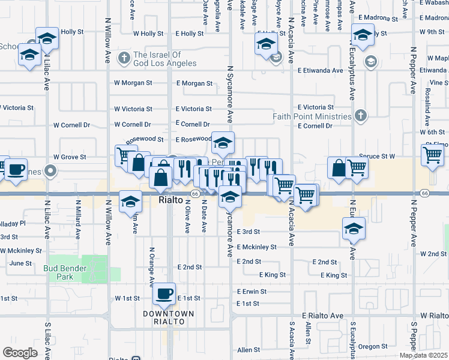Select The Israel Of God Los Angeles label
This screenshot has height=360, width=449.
coord(164,59)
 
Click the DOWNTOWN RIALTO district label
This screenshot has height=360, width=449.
coord(168,318)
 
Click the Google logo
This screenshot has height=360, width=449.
coord(20,353)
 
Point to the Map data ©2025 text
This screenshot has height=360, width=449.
coord(423,355)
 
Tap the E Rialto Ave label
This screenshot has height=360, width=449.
coord(322,316)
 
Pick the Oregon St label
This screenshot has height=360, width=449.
coord(373,347)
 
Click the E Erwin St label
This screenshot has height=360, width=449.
coord(252,292)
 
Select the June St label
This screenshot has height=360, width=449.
coord(20,263)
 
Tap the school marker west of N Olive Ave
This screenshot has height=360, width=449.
coord(130,202)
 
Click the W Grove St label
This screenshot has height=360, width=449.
coord(70,157)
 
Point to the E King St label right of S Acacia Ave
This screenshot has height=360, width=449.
coord(334,275)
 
